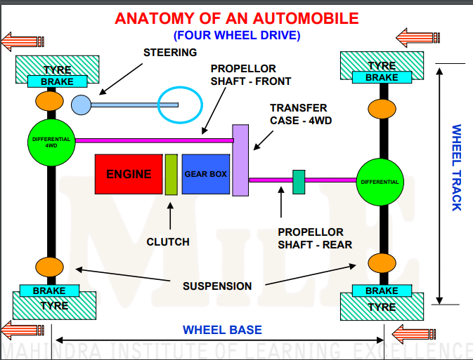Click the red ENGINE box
click(x=128, y=173)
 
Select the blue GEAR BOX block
click(x=205, y=173)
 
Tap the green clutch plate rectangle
click(x=171, y=174)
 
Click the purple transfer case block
click(x=240, y=160)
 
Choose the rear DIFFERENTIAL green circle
click(x=380, y=182)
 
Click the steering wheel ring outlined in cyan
click(x=179, y=105)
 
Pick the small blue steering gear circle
click(x=81, y=105)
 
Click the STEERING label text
click(x=170, y=53)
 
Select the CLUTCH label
click(x=168, y=242)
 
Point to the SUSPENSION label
click(x=217, y=286)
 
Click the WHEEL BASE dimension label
click(x=222, y=330)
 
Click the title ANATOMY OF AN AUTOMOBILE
click(x=236, y=18)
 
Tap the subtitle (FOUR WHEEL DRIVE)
click(x=236, y=34)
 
